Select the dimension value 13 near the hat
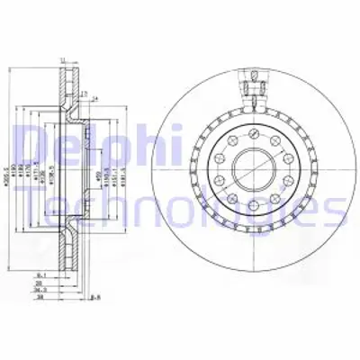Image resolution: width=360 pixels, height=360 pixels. coord(84,94)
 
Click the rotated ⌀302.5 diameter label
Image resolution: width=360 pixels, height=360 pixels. coord(8,166)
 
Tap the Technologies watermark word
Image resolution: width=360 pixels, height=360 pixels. coord(180,209)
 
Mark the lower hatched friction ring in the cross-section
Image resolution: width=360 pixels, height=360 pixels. coord(64,243)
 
